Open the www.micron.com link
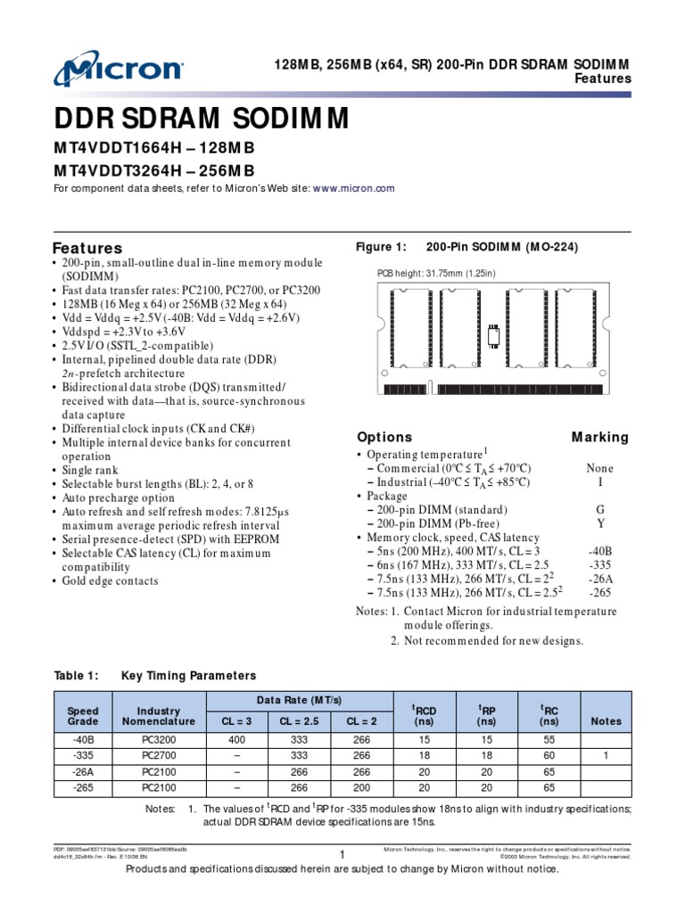point(353,189)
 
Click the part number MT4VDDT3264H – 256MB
point(153,170)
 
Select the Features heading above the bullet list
point(87,248)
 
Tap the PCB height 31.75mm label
point(435,273)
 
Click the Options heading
point(384,437)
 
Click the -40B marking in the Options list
point(599,552)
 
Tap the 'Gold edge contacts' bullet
point(110,581)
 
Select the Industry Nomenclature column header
point(159,714)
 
